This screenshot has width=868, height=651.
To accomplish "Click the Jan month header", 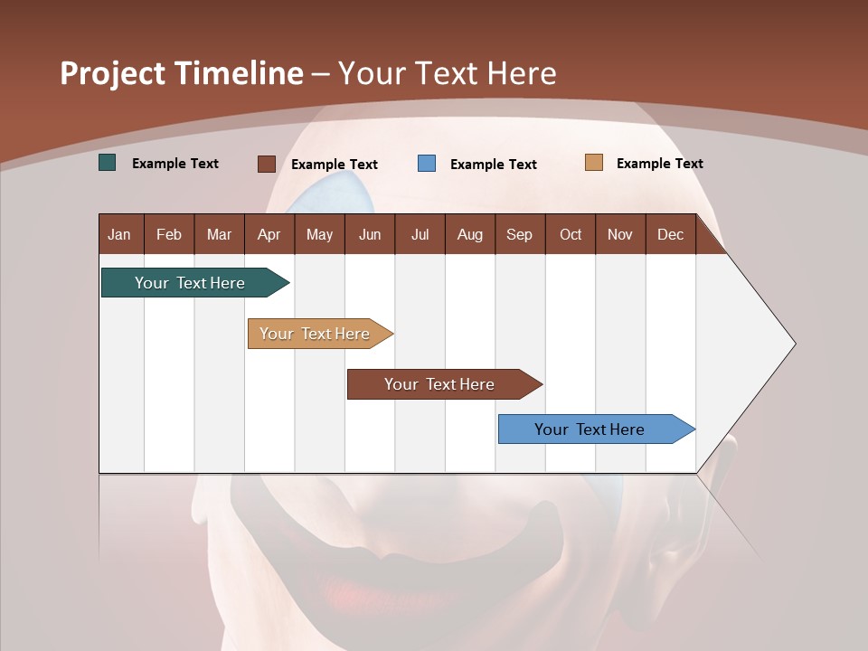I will point(119,235).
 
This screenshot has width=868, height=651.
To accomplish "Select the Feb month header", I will point(169,235).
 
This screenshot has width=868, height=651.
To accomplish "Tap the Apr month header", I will point(269,235).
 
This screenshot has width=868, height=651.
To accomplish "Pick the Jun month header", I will point(370,235).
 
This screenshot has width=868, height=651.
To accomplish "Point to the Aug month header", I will point(470,235).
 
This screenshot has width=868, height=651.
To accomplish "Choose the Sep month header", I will point(519,235).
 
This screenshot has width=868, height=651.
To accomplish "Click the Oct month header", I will point(571,235).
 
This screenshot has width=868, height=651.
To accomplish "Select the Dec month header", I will point(670,235).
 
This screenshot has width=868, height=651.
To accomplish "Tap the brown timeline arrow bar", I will point(440,384).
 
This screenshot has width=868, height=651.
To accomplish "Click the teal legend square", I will point(108,163).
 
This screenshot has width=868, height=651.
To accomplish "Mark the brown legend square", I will point(267,164).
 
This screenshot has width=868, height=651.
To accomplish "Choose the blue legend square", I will point(427,164).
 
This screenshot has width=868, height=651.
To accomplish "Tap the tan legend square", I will point(594,163).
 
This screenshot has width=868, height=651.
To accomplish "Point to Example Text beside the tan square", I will point(659,164).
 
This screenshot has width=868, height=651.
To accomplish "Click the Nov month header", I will point(619,235).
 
